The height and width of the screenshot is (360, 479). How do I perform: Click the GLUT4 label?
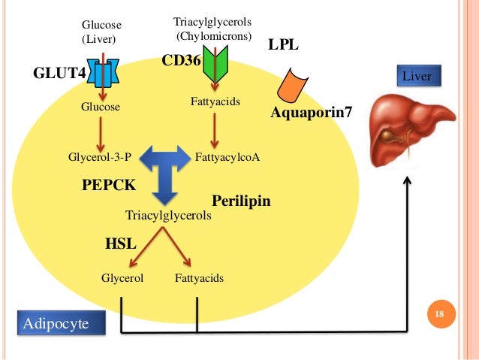click(60, 74)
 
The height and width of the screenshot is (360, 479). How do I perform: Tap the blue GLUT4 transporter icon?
click(103, 73)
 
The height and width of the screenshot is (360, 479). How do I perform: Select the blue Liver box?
click(418, 76)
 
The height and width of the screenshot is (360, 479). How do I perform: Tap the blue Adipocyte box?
click(55, 324)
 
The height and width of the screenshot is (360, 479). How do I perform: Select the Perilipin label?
click(240, 201)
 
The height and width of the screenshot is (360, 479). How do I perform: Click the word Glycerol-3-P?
click(100, 157)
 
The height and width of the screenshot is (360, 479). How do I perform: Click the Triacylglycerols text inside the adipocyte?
click(168, 216)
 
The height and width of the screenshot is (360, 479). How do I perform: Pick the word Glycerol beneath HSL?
click(122, 278)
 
